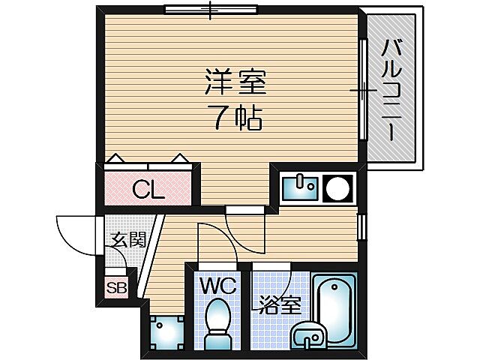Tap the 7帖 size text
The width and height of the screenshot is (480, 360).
coord(234,117)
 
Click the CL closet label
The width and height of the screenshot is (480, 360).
coord(148,190)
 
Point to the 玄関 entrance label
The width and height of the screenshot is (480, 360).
coord(128,241)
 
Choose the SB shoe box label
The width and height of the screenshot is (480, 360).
coord(116,287)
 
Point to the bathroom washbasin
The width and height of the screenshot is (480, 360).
coord(310,335)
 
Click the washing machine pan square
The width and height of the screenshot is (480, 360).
coord(166,329)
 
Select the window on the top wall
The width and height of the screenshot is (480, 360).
coord(211,10)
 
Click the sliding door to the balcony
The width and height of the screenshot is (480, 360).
coord(364,90)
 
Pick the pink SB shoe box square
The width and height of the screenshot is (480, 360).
coord(116,287)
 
